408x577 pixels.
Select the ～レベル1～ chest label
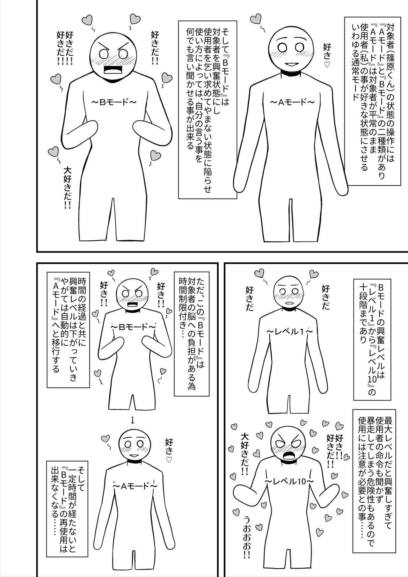pyautogui.click(x=289, y=332)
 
